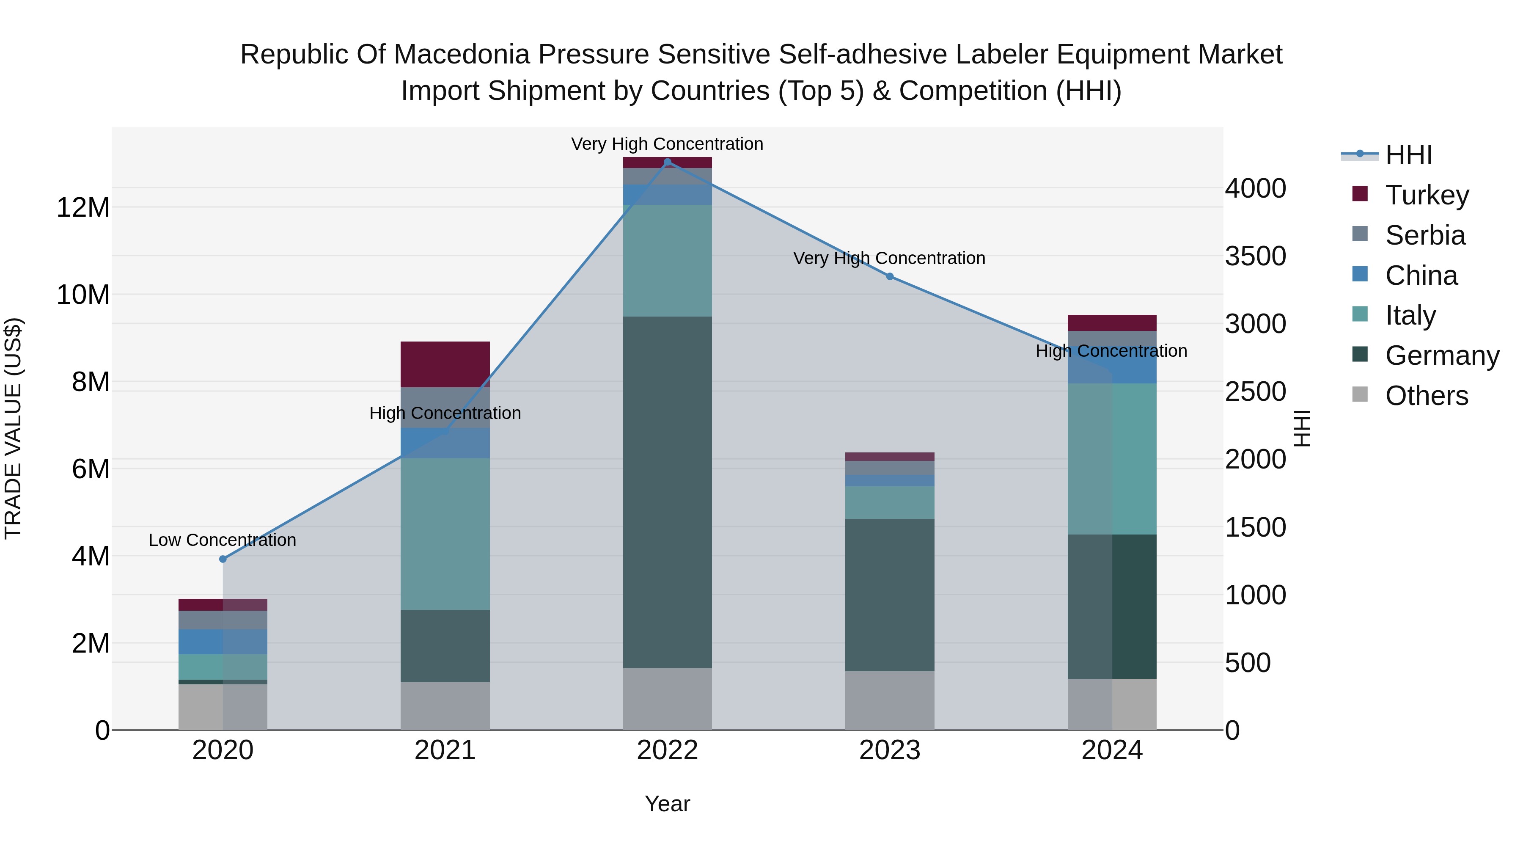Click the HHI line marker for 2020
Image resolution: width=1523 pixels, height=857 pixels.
click(x=223, y=559)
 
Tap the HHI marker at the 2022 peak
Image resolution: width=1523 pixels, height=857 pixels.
click(x=668, y=162)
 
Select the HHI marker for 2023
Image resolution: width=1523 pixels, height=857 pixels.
click(x=890, y=276)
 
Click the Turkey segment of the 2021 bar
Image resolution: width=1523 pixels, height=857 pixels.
click(x=445, y=364)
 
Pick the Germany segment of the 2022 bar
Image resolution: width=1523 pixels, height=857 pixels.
click(x=668, y=492)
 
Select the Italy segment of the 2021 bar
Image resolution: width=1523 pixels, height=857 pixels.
click(x=445, y=534)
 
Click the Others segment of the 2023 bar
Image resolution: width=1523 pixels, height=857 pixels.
click(x=890, y=700)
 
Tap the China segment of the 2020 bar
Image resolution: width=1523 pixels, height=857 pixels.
click(x=223, y=642)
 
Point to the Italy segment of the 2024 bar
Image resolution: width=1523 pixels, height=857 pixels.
click(x=1112, y=459)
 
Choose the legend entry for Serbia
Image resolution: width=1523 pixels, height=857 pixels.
click(x=1425, y=235)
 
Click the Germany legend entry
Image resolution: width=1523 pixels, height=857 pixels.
click(x=1441, y=355)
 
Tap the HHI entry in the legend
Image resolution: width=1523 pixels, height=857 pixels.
click(x=1408, y=155)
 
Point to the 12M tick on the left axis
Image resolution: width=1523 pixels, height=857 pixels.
click(x=83, y=208)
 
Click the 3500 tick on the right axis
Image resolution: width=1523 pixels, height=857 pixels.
click(x=1255, y=256)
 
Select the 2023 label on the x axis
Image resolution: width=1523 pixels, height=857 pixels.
click(x=890, y=750)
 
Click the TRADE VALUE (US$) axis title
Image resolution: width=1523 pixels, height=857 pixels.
click(x=14, y=428)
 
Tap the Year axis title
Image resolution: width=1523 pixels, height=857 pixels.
click(x=668, y=804)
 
